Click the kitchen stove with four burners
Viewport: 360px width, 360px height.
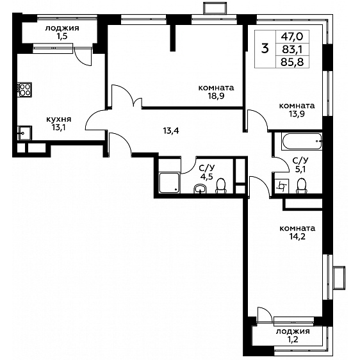24,90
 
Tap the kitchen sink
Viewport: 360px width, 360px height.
24,133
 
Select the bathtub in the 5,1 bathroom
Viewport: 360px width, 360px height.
302,142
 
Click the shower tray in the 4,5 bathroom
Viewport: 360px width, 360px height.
169,183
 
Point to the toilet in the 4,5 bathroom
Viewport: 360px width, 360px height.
221,186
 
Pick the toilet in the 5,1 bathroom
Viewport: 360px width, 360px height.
302,186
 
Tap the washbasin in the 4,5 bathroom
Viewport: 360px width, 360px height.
200,189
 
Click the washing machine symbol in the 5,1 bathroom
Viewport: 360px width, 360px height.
281,186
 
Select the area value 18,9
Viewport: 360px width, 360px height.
216,96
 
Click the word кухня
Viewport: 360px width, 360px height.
59,119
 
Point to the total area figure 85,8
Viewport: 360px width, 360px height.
292,62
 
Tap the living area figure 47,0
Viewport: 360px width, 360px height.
292,37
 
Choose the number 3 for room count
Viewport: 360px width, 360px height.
265,49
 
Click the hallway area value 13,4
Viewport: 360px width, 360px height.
171,131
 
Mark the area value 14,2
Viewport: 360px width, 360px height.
297,236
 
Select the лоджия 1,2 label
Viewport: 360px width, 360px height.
293,335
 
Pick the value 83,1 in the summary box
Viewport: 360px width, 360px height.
292,49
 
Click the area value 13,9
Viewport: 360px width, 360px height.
297,114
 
